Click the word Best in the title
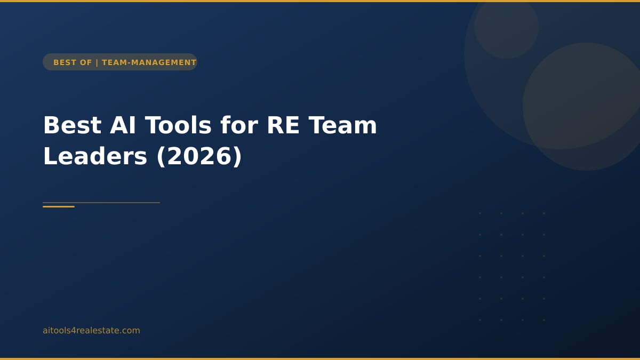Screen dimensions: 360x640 click(x=72, y=125)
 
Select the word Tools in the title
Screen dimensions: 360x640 click(x=178, y=125)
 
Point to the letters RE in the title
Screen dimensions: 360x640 click(x=284, y=125)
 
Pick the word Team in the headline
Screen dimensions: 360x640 click(x=343, y=125)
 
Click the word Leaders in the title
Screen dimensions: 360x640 click(x=94, y=156)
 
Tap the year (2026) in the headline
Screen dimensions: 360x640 click(x=199, y=156)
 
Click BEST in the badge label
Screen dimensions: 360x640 click(x=65, y=62)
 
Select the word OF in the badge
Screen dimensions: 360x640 click(x=86, y=62)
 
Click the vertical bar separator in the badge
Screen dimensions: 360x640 click(x=97, y=62)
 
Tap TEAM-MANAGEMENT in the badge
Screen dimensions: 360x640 click(x=149, y=62)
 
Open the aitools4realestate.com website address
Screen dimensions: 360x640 click(x=91, y=330)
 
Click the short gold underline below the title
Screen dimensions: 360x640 click(x=59, y=206)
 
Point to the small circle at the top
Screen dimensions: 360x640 click(x=506, y=27)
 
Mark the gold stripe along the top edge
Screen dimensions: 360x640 click(x=320, y=1)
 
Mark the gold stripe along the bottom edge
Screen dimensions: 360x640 click(x=320, y=358)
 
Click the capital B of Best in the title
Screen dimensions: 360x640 click(x=51, y=125)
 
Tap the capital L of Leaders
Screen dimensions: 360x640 click(x=50, y=156)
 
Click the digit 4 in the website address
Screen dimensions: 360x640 click(x=75, y=331)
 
